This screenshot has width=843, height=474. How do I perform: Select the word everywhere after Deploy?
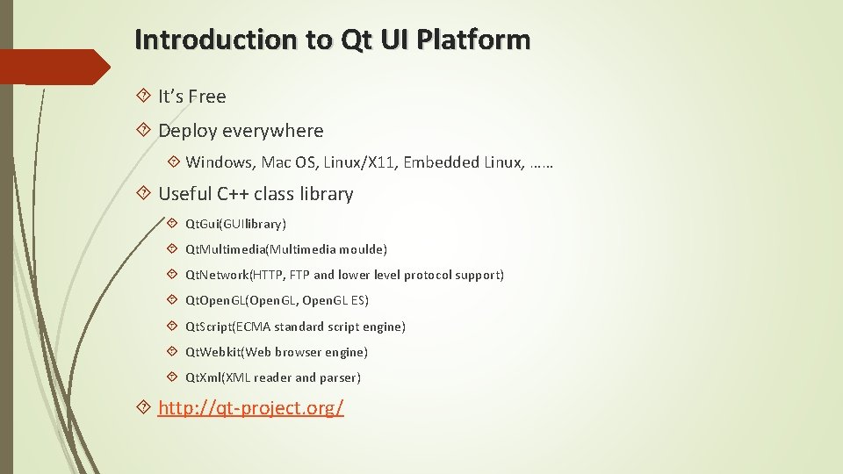pyautogui.click(x=272, y=131)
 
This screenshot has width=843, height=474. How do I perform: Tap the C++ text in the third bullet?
pyautogui.click(x=234, y=194)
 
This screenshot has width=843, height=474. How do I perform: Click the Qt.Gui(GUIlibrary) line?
pyautogui.click(x=235, y=224)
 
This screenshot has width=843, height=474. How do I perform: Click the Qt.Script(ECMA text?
pyautogui.click(x=227, y=327)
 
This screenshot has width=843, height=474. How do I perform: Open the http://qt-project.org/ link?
pyautogui.click(x=251, y=408)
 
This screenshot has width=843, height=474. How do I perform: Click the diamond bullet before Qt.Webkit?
pyautogui.click(x=172, y=352)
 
